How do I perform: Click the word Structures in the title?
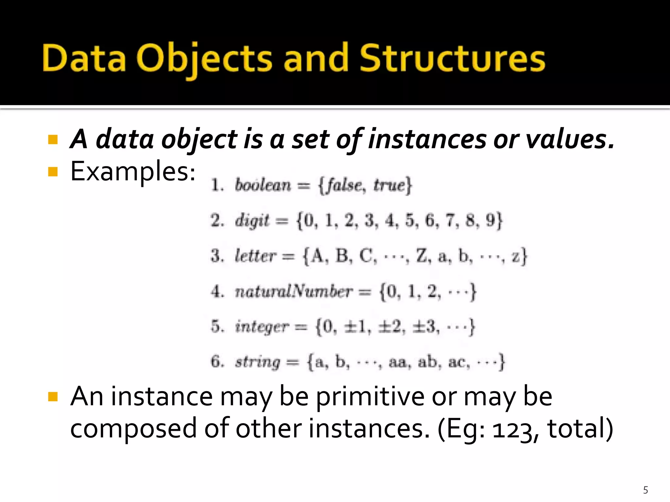tap(452, 59)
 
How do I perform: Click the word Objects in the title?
tap(203, 59)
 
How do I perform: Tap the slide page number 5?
tap(645, 490)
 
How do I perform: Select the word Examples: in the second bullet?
tap(133, 172)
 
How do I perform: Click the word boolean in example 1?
tap(263, 185)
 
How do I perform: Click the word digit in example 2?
tap(252, 221)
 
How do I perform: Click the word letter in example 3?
tap(256, 256)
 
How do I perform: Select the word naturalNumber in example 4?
tap(293, 291)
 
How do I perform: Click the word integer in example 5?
tap(262, 327)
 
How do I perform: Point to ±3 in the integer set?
tap(425, 326)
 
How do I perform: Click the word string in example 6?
tap(257, 362)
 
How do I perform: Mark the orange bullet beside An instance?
tap(53, 397)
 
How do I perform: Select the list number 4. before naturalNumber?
tap(217, 292)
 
